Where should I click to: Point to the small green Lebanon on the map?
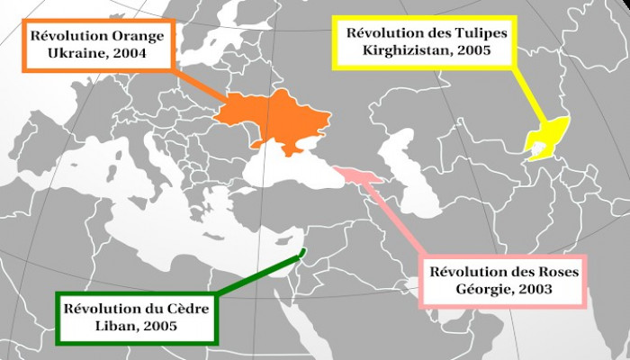pos(304,251)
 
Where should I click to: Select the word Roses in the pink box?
pos(551,272)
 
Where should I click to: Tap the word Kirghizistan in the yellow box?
pos(410,49)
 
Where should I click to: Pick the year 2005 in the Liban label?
pos(163,325)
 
